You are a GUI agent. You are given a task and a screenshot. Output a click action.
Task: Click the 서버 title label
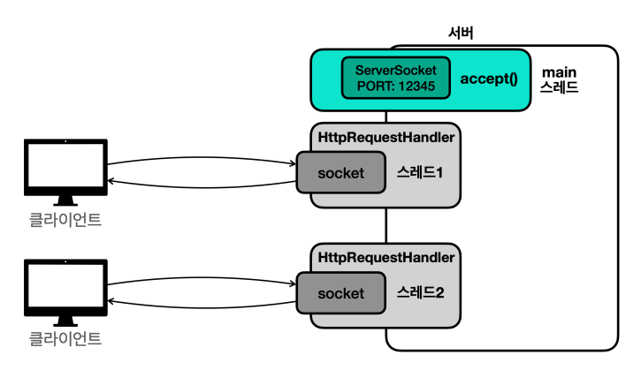[461, 33]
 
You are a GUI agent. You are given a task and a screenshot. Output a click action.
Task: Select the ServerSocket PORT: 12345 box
[396, 78]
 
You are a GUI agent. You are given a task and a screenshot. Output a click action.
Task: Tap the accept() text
[489, 79]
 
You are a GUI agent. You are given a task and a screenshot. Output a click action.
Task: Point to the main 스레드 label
[559, 79]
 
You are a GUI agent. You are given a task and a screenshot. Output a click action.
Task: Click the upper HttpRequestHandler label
[385, 137]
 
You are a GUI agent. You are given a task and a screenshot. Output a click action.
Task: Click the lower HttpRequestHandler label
[385, 258]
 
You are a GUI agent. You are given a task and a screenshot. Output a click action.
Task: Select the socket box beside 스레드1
[341, 172]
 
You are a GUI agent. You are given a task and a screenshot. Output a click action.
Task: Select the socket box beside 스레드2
[341, 293]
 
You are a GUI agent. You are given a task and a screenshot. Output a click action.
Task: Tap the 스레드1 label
[420, 172]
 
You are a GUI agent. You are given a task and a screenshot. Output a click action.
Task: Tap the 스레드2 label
[420, 292]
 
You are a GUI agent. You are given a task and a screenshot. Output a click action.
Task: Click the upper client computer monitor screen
[65, 165]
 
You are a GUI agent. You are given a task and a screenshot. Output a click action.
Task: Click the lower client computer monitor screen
[65, 285]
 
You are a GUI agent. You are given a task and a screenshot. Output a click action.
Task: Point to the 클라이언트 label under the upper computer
[65, 220]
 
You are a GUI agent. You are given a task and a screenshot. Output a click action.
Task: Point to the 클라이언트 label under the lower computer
[65, 339]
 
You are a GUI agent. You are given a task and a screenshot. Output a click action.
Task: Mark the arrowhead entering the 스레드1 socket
[293, 163]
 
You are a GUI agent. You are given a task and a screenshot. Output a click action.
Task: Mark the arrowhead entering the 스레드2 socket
[293, 283]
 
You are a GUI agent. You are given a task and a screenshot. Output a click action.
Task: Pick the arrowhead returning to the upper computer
[111, 181]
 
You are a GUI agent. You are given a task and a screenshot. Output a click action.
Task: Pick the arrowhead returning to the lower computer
[111, 301]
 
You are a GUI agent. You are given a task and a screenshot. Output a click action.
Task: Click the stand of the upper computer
[65, 200]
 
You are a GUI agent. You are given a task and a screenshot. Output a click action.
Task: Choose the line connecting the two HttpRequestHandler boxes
[386, 226]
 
